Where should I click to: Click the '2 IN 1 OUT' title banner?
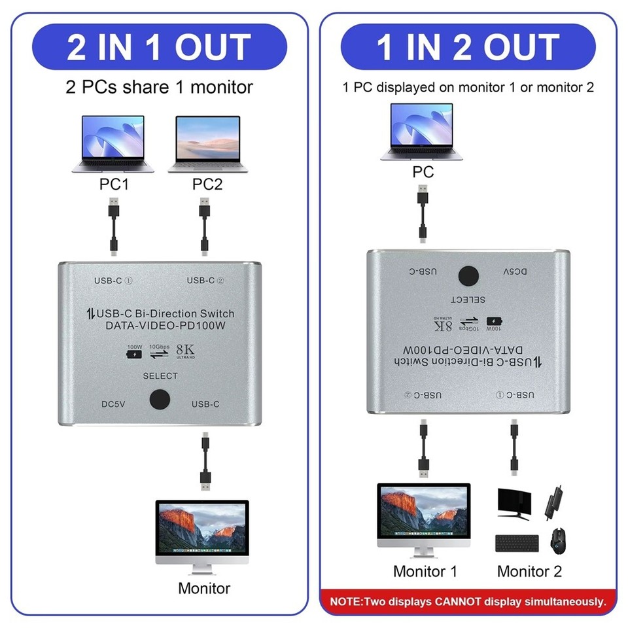[x=160, y=47]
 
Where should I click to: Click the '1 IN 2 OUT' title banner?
[x=468, y=47]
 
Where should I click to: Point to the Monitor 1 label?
[x=425, y=571]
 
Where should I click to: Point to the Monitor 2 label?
[x=529, y=571]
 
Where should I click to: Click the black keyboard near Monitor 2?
[x=517, y=543]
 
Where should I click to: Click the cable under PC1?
[x=114, y=226]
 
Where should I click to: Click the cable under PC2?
[x=204, y=226]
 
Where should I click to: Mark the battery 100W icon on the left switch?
[x=135, y=354]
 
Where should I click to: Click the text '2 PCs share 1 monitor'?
[x=160, y=86]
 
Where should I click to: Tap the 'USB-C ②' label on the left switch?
[x=205, y=281]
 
